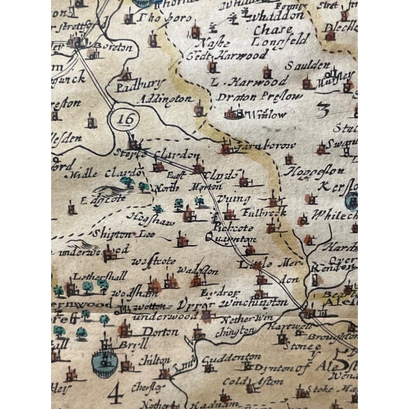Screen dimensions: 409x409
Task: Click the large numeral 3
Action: pyautogui.click(x=323, y=109)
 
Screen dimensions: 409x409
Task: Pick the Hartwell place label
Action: pyautogui.click(x=282, y=325)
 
